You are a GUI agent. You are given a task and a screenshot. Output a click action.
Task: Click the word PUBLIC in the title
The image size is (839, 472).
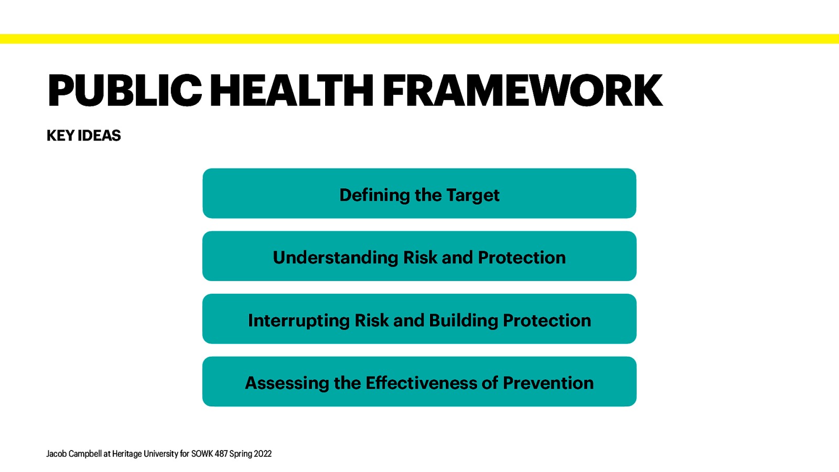[x=124, y=91]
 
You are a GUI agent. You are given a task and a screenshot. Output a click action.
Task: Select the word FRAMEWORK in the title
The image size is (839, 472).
[x=522, y=91]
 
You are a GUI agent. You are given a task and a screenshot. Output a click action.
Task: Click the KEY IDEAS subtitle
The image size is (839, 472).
[x=83, y=135]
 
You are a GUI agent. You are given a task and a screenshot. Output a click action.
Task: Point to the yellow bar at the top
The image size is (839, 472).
[x=419, y=39]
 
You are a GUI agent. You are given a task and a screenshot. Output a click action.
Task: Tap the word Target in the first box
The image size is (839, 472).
[x=472, y=195]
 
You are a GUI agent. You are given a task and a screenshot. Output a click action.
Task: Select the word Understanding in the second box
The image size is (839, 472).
[x=336, y=258]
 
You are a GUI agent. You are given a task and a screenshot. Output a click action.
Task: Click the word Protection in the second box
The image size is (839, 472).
[x=522, y=258]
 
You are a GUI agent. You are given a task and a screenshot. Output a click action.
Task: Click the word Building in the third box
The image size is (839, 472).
[x=463, y=320]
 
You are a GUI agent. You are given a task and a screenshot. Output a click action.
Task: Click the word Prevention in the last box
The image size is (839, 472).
[x=548, y=383]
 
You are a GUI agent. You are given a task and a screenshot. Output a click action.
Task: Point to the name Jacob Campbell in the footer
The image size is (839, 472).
[x=73, y=454]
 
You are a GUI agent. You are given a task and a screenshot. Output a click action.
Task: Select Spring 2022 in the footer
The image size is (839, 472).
[x=250, y=454]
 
